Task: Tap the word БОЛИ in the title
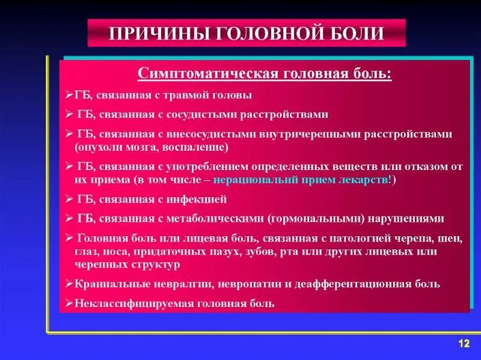tap(357, 33)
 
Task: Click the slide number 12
tap(463, 343)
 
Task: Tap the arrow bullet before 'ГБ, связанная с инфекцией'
tap(69, 198)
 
